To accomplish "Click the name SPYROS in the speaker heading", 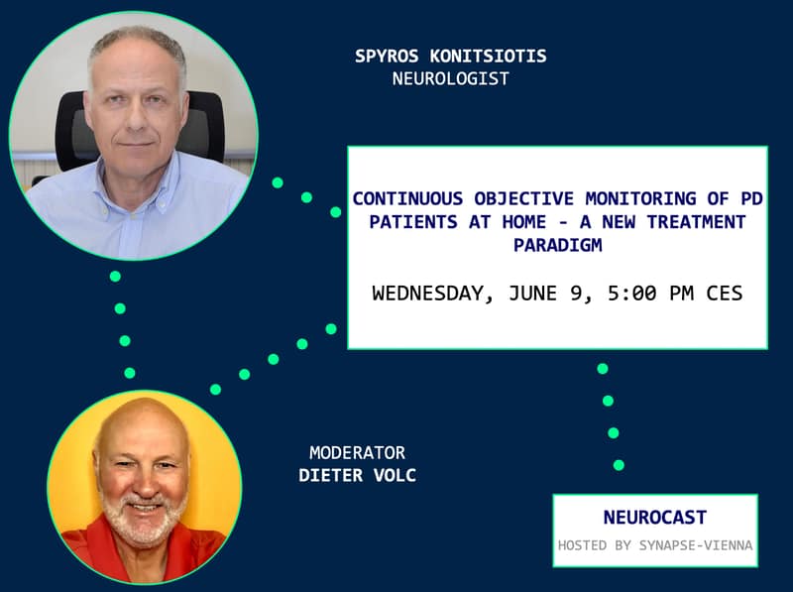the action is pyautogui.click(x=387, y=56).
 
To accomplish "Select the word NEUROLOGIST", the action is pyautogui.click(x=451, y=78).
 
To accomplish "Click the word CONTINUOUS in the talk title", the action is pyautogui.click(x=407, y=198).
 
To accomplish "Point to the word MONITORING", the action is pyautogui.click(x=640, y=198).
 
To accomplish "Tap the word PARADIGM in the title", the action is pyautogui.click(x=558, y=245).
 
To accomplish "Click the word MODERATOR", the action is pyautogui.click(x=358, y=452).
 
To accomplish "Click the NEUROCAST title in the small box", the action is pyautogui.click(x=655, y=517).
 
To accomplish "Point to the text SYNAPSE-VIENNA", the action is pyautogui.click(x=696, y=545).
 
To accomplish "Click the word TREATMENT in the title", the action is pyautogui.click(x=697, y=221).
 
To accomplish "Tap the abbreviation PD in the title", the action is pyautogui.click(x=752, y=198).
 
